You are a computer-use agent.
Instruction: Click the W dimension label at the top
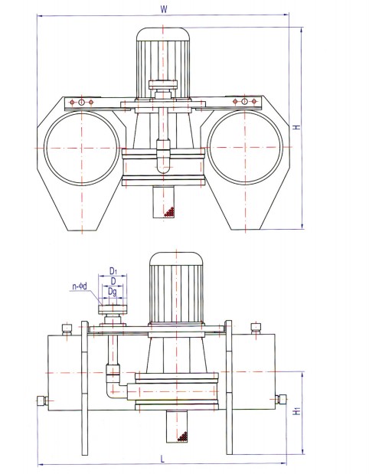point(164,9)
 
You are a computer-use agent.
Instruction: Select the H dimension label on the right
point(297,127)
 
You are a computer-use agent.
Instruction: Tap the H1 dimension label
point(297,410)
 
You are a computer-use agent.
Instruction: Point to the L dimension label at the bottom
point(162,459)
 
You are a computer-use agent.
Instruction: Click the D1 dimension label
point(113,270)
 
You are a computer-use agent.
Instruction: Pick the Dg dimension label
point(113,292)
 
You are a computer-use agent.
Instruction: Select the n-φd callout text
point(80,286)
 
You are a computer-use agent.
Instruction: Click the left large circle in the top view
point(44,148)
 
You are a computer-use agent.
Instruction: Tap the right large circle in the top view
point(208,147)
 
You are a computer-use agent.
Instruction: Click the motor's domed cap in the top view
point(163,34)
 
